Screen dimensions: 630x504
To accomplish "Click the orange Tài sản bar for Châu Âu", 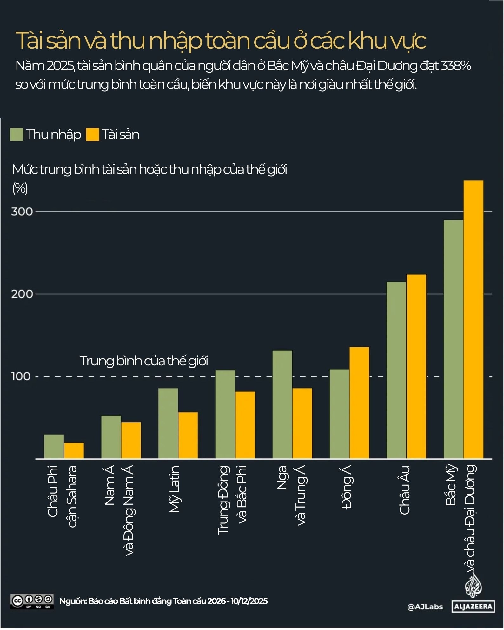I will tap(416, 366).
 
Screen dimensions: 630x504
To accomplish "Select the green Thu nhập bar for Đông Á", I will tap(339, 414).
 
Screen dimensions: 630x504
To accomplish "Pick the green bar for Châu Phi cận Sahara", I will tap(54, 446).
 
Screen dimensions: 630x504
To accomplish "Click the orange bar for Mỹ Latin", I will tap(188, 435).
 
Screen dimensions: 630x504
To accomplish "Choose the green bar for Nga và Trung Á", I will tap(282, 404).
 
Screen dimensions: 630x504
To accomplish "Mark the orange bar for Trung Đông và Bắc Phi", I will tap(245, 425).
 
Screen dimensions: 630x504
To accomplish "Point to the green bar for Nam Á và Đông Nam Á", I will tap(111, 437).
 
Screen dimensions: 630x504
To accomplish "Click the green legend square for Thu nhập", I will tap(17, 135).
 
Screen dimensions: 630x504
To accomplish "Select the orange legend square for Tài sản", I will tap(92, 135).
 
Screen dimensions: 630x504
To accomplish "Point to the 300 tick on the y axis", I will tap(22, 212).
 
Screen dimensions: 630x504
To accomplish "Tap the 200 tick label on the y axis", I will tap(22, 294).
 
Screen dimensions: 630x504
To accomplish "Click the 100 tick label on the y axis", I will tap(21, 377).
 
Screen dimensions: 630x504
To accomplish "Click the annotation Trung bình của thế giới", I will tap(143, 361).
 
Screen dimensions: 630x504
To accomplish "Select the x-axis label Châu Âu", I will tap(405, 490).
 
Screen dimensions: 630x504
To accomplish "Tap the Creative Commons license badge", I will tap(32, 601).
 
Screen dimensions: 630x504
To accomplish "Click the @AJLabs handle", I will tap(425, 607).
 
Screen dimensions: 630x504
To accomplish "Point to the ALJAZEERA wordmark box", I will tap(473, 607).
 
